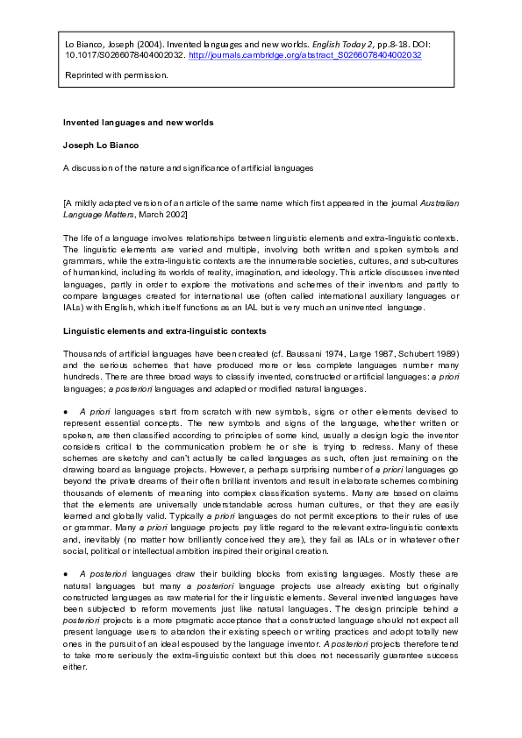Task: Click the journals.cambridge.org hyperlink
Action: (305, 54)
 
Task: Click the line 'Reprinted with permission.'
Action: (116, 75)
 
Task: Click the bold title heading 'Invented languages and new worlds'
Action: (138, 122)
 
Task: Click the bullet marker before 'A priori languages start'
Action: (65, 410)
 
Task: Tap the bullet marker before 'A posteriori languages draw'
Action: (65, 571)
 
